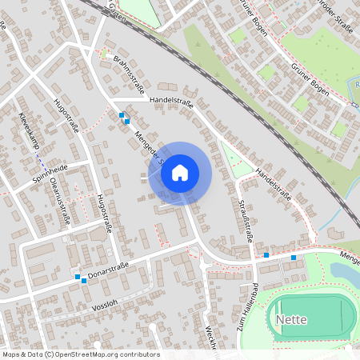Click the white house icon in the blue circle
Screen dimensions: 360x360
point(179,173)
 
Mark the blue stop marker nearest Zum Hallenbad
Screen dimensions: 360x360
point(266,255)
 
